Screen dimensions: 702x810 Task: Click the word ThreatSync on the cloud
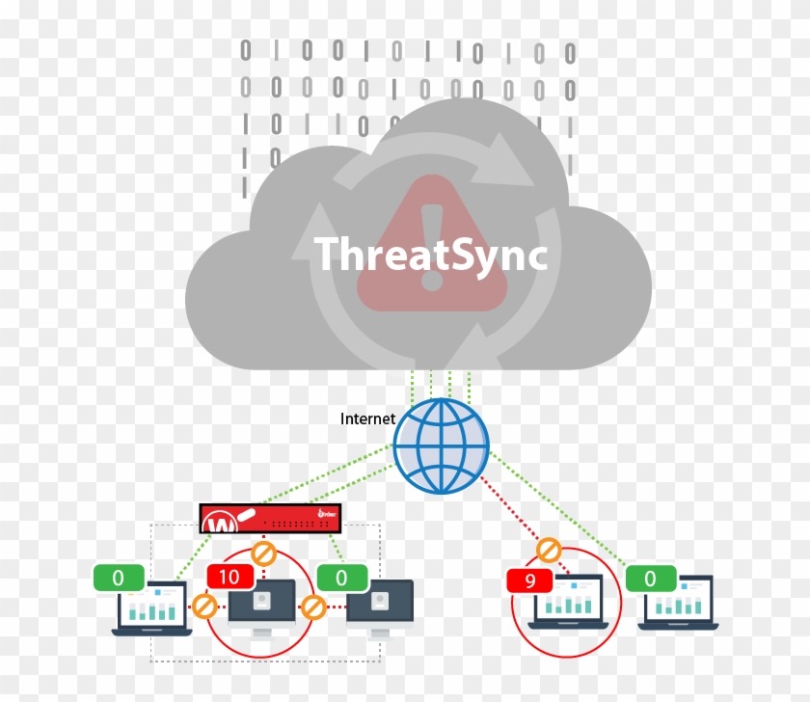[431, 255]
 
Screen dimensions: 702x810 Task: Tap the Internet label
[368, 418]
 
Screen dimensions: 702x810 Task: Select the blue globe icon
[441, 445]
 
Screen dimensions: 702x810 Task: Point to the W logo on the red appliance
[223, 524]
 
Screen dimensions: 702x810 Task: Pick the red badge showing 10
[230, 577]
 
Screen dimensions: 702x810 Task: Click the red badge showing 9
[529, 581]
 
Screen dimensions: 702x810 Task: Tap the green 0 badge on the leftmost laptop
[119, 578]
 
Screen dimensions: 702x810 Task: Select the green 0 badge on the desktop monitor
[342, 578]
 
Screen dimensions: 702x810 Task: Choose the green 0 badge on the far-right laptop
[651, 579]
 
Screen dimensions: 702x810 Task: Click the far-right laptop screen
[679, 600]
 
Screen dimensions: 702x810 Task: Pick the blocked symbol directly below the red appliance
[263, 554]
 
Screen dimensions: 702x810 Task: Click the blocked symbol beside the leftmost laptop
[204, 607]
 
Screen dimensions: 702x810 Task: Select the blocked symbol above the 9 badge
[549, 551]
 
